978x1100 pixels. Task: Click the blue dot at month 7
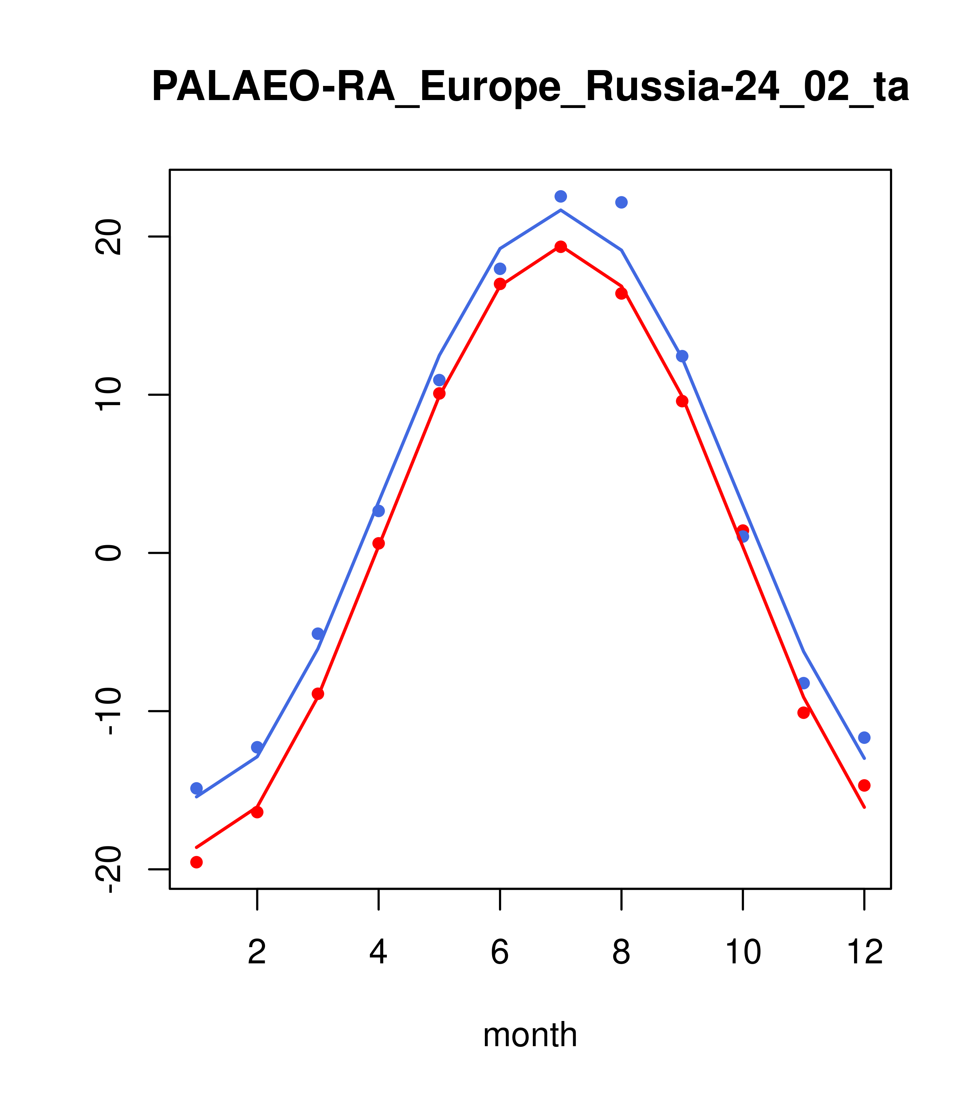click(561, 196)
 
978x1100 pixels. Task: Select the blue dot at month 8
click(621, 202)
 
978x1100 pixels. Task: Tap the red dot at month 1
click(196, 862)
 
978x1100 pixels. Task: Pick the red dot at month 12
click(864, 786)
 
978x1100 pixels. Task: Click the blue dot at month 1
click(196, 788)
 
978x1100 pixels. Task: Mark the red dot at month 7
click(561, 247)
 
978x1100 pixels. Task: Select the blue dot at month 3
click(318, 634)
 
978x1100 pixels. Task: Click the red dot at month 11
click(804, 713)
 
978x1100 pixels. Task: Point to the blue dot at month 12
click(864, 737)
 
